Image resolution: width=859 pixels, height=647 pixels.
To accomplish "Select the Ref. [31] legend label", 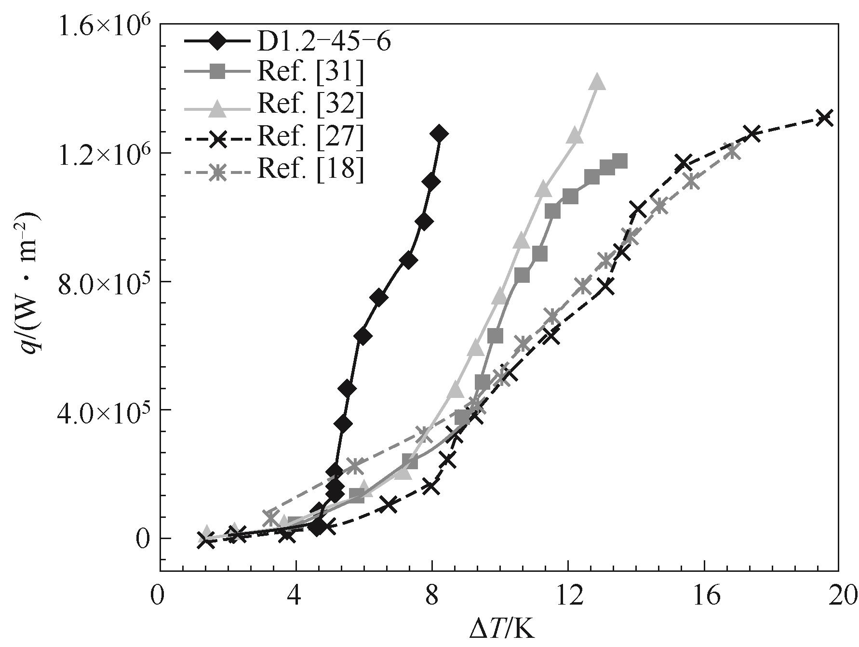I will (x=310, y=73).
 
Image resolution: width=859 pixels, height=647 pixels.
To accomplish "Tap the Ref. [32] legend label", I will (x=310, y=105).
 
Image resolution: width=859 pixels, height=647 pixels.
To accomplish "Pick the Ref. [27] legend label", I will (x=310, y=137).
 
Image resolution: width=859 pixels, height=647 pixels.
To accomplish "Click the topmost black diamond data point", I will (x=439, y=134).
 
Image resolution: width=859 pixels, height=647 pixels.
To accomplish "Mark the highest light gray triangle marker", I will (x=597, y=82).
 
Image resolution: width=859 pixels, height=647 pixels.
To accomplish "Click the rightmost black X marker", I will (x=825, y=117).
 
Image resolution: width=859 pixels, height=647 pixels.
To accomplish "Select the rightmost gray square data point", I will (x=620, y=161).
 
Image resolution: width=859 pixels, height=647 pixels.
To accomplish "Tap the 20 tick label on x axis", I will (x=839, y=597).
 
